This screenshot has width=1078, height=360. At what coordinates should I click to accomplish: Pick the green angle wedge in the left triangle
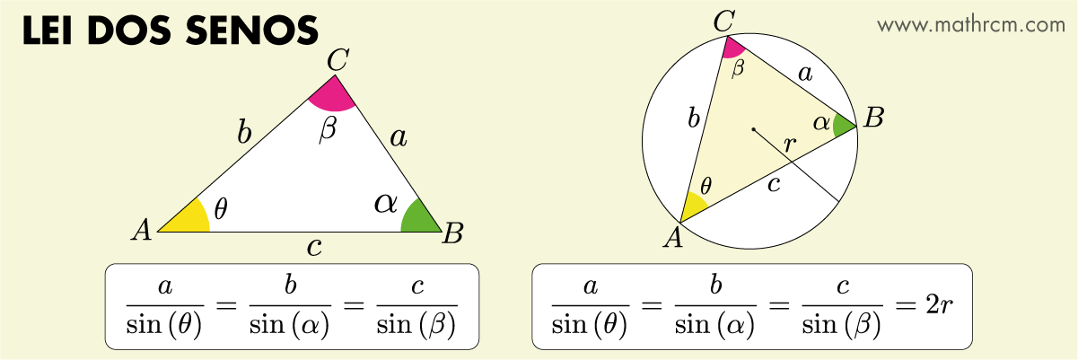(x=418, y=219)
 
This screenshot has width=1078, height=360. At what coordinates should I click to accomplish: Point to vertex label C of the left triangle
(x=337, y=61)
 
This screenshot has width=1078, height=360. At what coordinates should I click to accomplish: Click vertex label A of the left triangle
(x=140, y=231)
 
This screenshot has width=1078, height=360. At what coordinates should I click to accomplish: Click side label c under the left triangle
(x=313, y=247)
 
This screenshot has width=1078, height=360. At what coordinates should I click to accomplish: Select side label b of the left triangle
(x=243, y=134)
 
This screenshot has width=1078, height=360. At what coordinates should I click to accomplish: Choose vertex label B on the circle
(x=873, y=119)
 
